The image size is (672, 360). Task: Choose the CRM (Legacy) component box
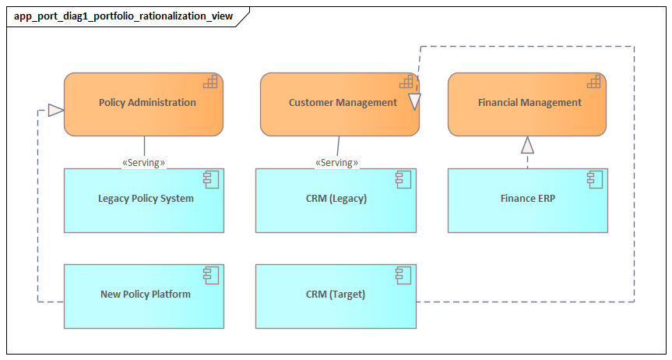point(336,199)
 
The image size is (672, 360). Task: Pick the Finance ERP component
point(527,199)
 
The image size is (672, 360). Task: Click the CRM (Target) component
point(336,295)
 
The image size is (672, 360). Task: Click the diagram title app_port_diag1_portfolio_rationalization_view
point(123,16)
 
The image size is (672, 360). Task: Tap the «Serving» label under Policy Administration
point(143,163)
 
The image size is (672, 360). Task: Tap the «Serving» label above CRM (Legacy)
point(336,163)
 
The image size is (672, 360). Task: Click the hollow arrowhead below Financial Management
point(528,144)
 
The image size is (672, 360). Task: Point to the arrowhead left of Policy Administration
point(55,111)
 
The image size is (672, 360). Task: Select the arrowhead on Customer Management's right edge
point(414,101)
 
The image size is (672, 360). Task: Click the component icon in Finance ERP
point(594,179)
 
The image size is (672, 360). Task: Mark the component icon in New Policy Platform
point(210,274)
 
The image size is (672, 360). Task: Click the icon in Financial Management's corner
point(593,82)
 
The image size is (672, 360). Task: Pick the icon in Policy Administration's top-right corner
point(210,82)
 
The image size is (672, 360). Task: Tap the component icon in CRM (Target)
point(403,274)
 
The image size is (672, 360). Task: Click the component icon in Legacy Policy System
point(210,179)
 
